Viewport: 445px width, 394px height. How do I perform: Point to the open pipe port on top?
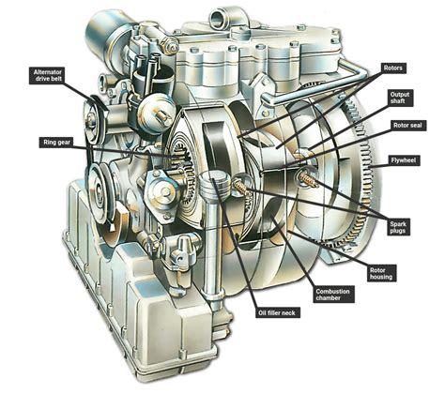click(222, 15)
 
